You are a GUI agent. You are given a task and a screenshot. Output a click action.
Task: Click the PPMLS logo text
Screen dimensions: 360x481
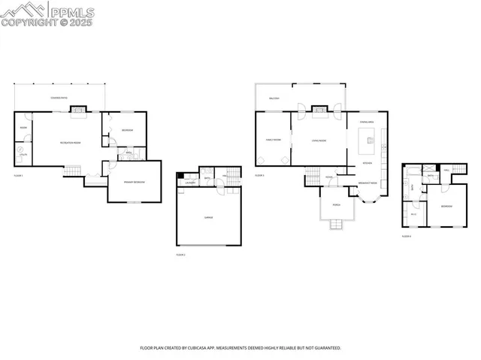coord(73,10)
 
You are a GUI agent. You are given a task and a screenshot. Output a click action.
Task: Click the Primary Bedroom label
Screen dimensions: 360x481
coord(135,183)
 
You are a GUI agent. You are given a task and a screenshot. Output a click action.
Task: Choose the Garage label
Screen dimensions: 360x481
coord(208,216)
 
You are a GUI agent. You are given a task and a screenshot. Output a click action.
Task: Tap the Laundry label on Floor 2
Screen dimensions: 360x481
coord(191,183)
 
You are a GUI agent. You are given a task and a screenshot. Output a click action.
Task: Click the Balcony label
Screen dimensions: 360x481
coord(274,98)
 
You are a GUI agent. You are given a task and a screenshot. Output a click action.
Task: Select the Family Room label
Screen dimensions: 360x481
coord(273,140)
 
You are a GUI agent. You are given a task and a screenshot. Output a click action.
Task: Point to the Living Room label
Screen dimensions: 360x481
coord(319,140)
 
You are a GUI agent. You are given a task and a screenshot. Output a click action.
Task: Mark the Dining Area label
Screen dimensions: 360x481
coord(368,120)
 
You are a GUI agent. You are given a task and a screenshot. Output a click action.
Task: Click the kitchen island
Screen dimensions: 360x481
coord(368,138)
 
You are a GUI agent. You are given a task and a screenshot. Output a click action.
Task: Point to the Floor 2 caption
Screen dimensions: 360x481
coord(180,255)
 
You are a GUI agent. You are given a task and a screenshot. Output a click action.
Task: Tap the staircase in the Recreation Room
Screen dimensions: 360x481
coord(71,171)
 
